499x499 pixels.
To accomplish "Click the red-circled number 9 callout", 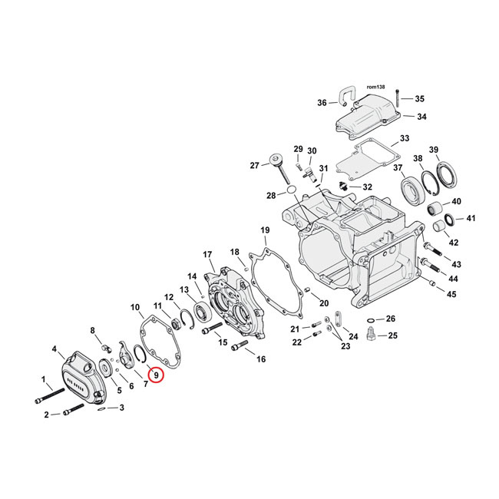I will pos(156,375).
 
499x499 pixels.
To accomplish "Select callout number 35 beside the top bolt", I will pos(419,99).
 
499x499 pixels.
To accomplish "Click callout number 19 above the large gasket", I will pos(265,230).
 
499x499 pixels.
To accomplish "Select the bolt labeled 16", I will pos(238,347).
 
